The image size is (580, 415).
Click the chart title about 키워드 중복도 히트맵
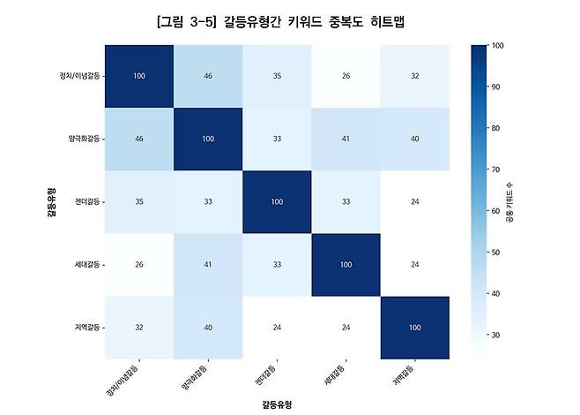click(290, 20)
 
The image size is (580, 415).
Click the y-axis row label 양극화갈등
click(84, 139)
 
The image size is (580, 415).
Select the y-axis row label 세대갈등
click(86, 265)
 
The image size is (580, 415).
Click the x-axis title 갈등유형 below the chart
click(276, 404)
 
